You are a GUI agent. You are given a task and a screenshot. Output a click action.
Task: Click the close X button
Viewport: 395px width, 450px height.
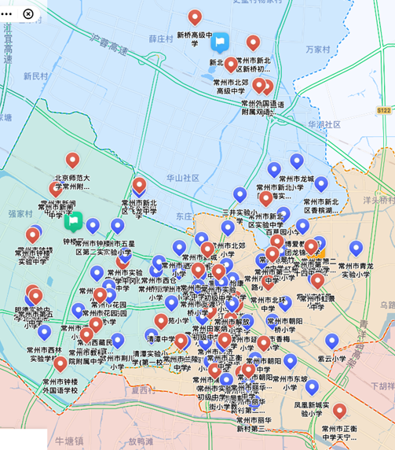click(x=28, y=13)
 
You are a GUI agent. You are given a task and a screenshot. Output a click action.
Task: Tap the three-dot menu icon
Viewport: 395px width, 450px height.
click(x=7, y=13)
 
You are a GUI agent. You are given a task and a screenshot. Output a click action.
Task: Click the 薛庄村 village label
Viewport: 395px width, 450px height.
click(x=161, y=38)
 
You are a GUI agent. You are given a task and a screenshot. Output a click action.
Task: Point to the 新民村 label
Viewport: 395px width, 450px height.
click(x=36, y=76)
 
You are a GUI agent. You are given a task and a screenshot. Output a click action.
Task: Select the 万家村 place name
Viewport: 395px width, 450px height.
click(x=318, y=49)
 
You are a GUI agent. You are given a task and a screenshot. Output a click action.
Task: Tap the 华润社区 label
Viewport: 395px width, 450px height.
click(x=324, y=124)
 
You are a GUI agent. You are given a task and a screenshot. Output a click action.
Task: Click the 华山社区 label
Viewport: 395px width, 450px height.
click(x=183, y=179)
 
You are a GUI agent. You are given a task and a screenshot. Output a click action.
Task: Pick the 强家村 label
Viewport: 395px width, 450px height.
click(x=20, y=213)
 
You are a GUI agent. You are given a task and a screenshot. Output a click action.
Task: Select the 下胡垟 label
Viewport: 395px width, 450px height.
click(x=382, y=386)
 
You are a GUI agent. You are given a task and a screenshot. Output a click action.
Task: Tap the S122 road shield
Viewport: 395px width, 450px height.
click(x=383, y=112)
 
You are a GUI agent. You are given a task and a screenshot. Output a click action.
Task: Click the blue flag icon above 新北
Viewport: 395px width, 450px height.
click(x=221, y=42)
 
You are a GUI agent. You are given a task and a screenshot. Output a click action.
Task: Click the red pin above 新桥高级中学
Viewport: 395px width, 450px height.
click(x=195, y=17)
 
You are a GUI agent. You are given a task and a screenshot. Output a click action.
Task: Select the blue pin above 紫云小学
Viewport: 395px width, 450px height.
click(x=331, y=341)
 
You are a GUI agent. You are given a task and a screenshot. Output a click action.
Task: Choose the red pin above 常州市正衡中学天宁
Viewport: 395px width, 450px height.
click(x=339, y=411)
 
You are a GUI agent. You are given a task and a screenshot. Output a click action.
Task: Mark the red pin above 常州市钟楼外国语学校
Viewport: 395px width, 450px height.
click(x=60, y=363)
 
